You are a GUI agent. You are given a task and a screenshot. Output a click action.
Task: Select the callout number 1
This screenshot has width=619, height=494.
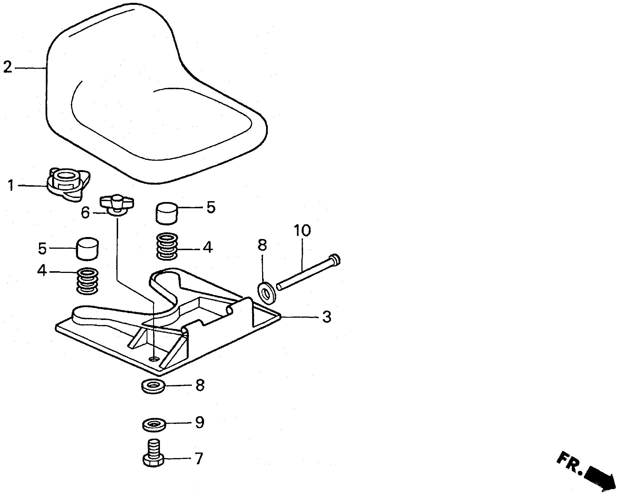pyautogui.click(x=11, y=186)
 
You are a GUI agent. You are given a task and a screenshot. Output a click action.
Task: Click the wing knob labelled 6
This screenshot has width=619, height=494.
pyautogui.click(x=117, y=204)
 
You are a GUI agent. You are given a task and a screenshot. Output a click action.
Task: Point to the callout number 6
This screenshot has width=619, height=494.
pyautogui.click(x=85, y=213)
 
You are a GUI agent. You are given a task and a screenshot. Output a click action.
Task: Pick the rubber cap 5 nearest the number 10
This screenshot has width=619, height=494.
pyautogui.click(x=167, y=213)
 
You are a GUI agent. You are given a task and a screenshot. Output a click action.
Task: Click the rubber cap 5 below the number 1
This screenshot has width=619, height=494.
pyautogui.click(x=87, y=249)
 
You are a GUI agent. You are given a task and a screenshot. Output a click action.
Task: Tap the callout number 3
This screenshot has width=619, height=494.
pyautogui.click(x=326, y=317)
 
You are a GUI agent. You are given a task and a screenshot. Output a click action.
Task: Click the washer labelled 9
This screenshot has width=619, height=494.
pyautogui.click(x=154, y=425)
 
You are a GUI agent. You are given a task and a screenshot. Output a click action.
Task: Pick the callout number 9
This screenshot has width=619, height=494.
pyautogui.click(x=200, y=422)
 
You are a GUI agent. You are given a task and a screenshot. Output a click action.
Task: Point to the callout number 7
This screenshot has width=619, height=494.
pyautogui.click(x=198, y=459)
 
